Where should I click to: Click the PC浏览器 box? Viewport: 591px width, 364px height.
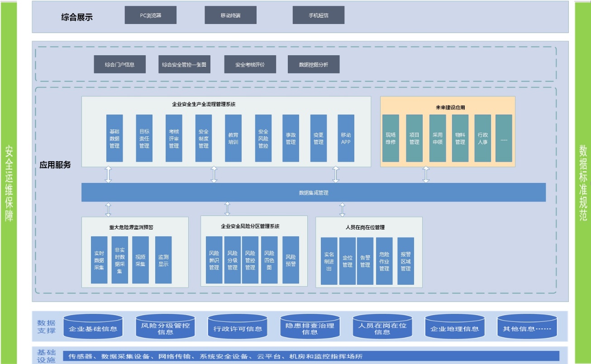150,15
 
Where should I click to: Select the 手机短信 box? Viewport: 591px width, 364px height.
318,15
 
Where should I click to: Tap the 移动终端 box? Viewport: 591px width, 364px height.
230,15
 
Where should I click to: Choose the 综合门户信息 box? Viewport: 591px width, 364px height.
119,64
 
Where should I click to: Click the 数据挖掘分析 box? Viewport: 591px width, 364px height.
314,64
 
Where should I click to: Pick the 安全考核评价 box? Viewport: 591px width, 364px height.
250,64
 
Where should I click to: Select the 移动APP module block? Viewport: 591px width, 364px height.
346,138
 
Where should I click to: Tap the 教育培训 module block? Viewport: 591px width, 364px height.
233,138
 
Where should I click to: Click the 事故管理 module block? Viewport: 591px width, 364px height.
291,138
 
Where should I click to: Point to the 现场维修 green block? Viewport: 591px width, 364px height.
391,138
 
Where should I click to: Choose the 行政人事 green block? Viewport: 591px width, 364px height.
482,138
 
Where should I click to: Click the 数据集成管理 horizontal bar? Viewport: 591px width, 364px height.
313,192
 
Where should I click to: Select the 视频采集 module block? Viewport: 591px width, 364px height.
140,260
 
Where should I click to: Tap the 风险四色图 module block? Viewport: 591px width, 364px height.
269,260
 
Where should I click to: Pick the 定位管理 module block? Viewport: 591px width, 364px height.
347,261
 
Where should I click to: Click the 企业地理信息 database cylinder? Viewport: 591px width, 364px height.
454,327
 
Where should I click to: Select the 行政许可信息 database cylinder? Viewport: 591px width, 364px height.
238,327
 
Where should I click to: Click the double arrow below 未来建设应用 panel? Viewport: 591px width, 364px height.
426,174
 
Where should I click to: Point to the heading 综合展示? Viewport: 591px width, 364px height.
77,17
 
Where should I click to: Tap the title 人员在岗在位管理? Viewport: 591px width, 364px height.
365,227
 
